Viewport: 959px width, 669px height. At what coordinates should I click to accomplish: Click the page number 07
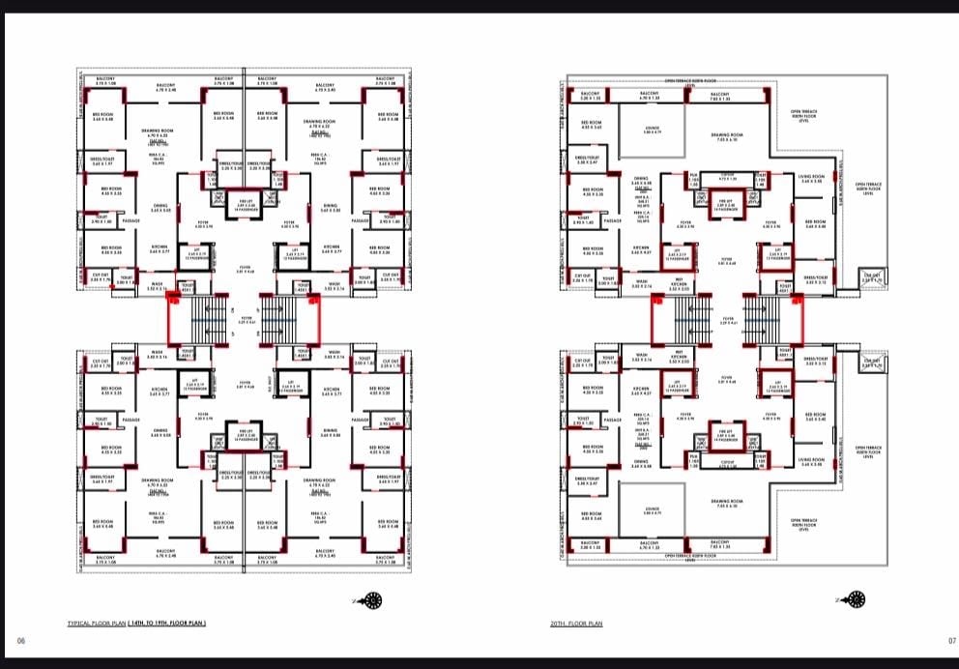tap(951, 640)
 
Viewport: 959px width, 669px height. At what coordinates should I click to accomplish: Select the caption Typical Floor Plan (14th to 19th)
tap(136, 625)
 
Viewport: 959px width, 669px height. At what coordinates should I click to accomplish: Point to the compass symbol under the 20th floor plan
tap(855, 599)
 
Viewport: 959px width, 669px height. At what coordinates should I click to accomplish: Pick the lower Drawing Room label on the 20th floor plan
tap(725, 503)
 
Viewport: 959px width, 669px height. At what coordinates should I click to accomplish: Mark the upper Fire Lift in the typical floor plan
tap(246, 204)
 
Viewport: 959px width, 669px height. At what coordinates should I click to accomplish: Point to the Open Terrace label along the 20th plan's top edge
tap(690, 82)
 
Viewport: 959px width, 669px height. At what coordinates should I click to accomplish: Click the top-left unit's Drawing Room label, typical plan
tap(157, 131)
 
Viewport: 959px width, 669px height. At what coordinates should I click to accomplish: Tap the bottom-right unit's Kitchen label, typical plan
tap(332, 392)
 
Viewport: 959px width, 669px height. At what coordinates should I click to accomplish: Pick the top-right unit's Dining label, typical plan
tap(331, 206)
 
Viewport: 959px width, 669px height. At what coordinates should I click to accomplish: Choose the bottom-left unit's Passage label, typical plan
tap(131, 420)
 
